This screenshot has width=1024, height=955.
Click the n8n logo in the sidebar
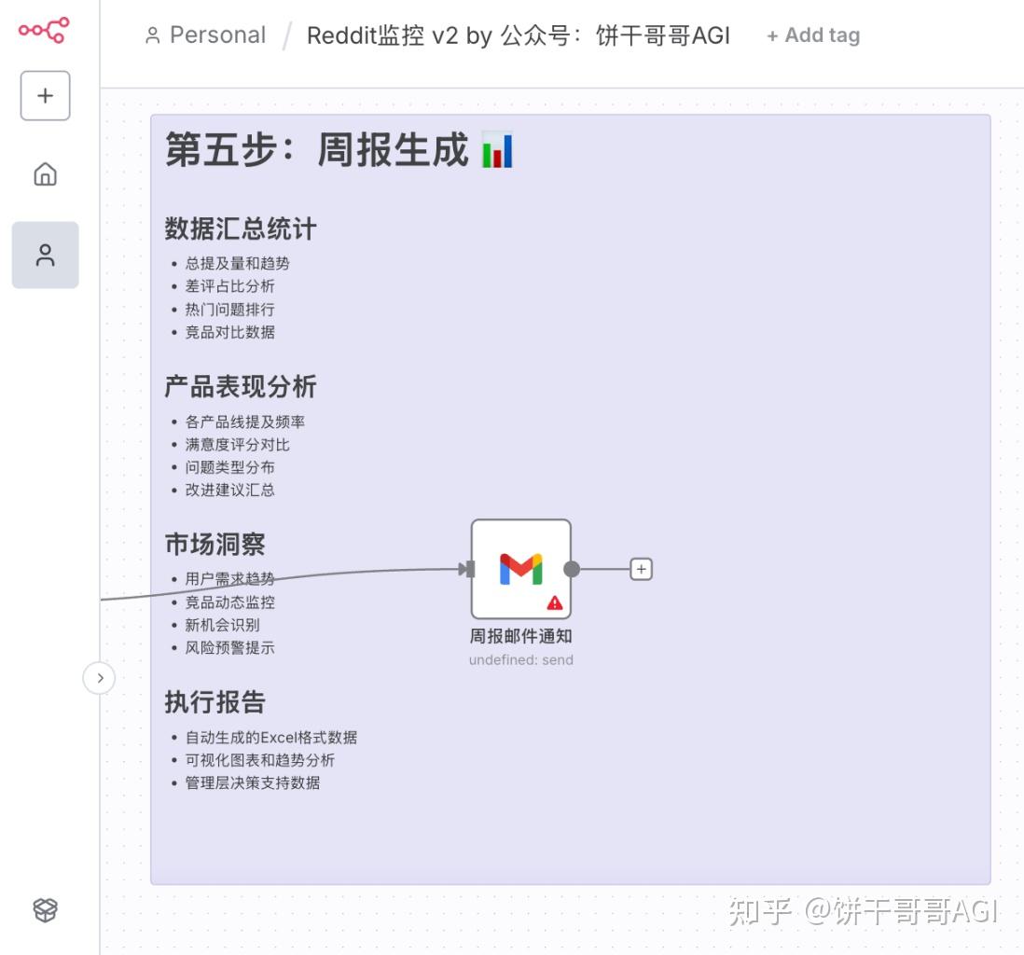[x=44, y=30]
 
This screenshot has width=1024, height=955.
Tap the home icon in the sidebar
[x=45, y=174]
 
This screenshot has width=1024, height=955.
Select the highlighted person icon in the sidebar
[x=45, y=255]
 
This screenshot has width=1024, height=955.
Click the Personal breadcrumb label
[x=217, y=35]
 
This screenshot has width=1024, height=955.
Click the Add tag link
[x=813, y=35]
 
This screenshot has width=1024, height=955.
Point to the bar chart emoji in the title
[x=497, y=149]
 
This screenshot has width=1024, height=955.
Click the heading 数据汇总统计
[x=241, y=229]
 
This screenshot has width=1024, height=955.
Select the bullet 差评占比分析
[x=229, y=286]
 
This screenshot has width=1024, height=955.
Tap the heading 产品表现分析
[x=241, y=387]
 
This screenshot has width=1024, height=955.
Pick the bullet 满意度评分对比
[x=237, y=445]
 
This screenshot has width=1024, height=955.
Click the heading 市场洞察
[x=214, y=544]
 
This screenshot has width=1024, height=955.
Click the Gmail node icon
[x=521, y=569]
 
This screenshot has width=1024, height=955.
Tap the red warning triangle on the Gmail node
[x=555, y=602]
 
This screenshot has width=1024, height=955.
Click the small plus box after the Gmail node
[x=642, y=569]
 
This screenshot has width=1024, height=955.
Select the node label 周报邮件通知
[x=521, y=636]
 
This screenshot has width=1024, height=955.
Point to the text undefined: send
[x=521, y=659]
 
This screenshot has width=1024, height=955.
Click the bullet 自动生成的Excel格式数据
[x=271, y=738]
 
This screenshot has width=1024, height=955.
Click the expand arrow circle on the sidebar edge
[x=99, y=678]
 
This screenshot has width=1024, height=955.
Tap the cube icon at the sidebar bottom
[x=45, y=909]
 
